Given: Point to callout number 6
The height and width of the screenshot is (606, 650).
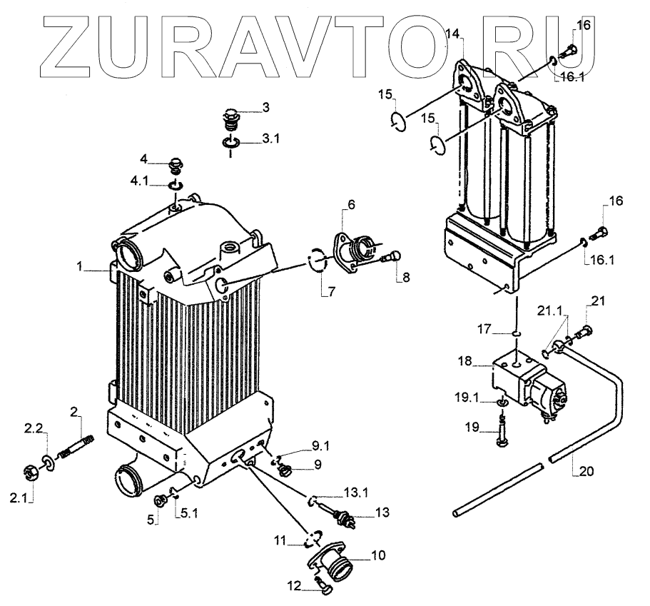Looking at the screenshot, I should click(x=350, y=203).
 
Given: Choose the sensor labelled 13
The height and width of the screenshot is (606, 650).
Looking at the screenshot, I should click(x=340, y=513).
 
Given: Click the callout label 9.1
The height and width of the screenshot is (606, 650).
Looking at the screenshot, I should click(x=320, y=448).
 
